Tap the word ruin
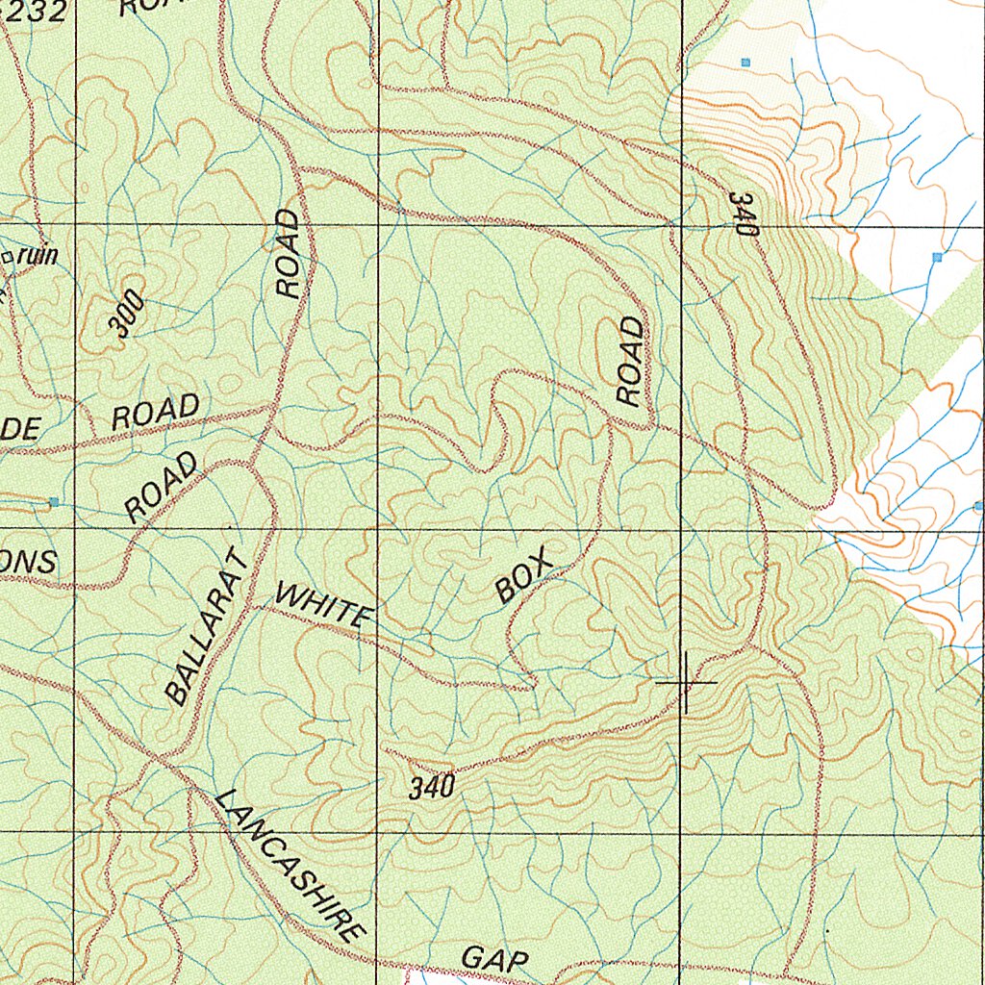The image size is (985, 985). click(39, 256)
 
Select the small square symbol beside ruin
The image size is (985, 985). click(10, 257)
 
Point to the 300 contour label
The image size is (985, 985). click(127, 316)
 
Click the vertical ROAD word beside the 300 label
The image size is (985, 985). click(289, 254)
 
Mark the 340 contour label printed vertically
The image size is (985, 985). click(745, 214)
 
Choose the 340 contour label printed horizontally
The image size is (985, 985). click(431, 788)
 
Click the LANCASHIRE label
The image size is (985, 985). click(290, 863)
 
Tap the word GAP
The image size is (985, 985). click(494, 959)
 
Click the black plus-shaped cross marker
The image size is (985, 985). click(685, 682)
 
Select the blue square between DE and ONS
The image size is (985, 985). click(54, 502)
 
